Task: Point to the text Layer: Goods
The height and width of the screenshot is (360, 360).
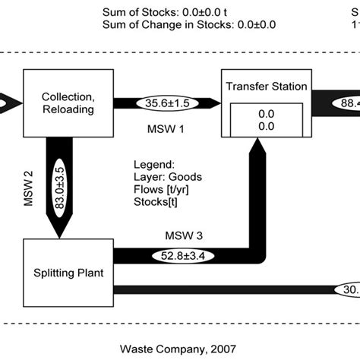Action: [165, 176]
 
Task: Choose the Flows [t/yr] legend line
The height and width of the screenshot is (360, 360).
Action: [159, 189]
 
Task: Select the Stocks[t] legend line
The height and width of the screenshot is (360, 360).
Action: [156, 202]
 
